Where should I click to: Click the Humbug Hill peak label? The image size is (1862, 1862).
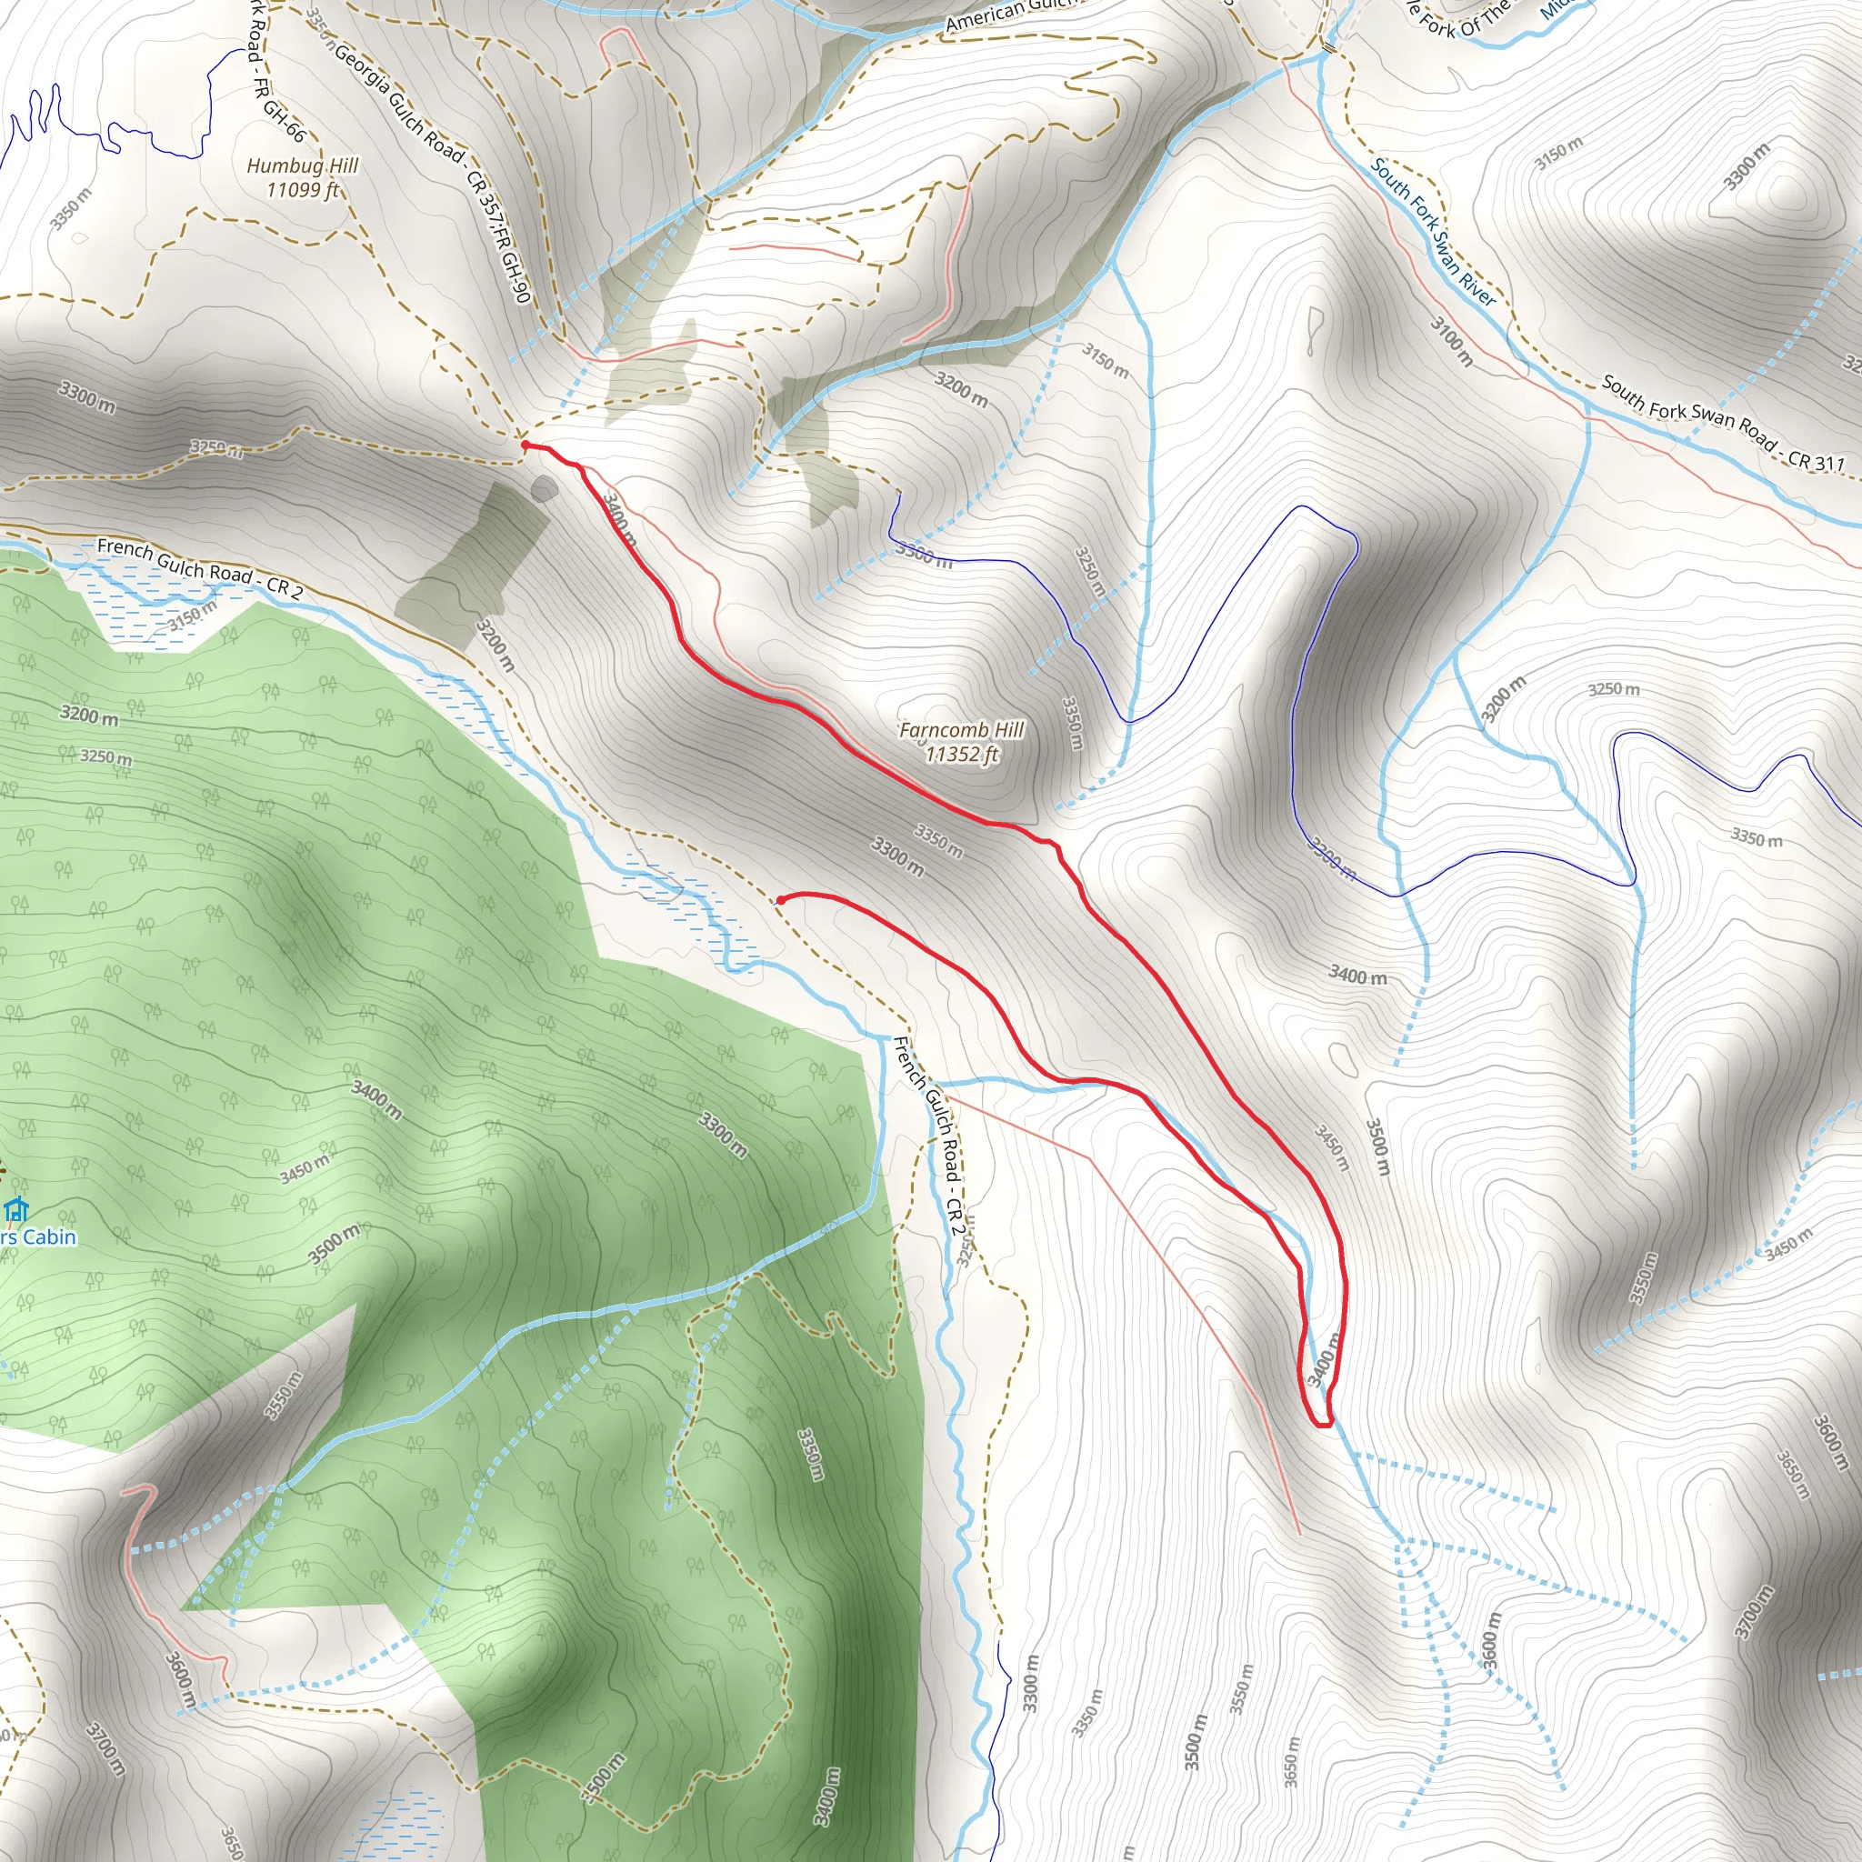[x=302, y=165]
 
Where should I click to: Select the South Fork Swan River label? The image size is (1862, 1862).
[x=1432, y=232]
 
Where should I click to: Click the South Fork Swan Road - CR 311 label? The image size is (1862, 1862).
[x=1722, y=422]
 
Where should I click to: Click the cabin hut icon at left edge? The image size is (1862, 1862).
[x=15, y=1208]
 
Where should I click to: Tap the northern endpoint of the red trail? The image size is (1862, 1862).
[x=526, y=445]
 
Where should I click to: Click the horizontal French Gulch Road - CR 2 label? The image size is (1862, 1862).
[x=199, y=568]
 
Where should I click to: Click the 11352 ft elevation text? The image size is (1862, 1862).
[x=961, y=754]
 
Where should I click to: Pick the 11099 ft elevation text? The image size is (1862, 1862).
[x=303, y=190]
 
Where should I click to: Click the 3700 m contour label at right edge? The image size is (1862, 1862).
[x=1752, y=1612]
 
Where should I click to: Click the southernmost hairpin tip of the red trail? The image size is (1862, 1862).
[x=1322, y=1424]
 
